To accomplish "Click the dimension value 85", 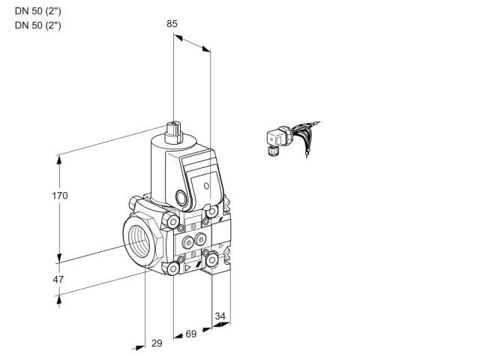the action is click(x=172, y=24).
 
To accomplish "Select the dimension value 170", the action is click(x=60, y=196).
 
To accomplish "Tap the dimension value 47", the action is click(x=58, y=280).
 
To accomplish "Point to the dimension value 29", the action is click(x=157, y=343).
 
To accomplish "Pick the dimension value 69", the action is click(x=191, y=334).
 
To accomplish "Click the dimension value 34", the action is click(x=220, y=316).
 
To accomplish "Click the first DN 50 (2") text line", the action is click(x=38, y=11).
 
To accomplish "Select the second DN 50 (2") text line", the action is click(x=38, y=25).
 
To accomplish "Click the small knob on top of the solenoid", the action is click(x=173, y=132).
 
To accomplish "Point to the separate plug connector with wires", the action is click(x=292, y=139).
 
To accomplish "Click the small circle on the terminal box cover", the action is click(x=207, y=186).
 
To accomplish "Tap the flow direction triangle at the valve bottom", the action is click(x=187, y=268).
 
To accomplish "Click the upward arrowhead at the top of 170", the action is click(x=59, y=160).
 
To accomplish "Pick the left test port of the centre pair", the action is click(x=188, y=243).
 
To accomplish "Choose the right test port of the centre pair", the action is click(x=200, y=239).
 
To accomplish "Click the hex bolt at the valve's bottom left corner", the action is click(x=173, y=268).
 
